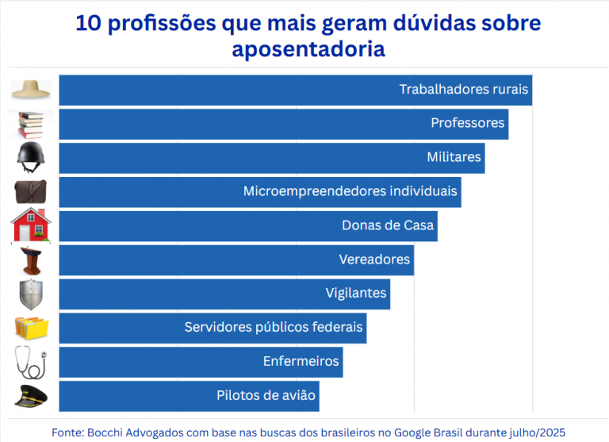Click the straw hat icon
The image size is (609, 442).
[32, 90]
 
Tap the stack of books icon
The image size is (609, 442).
[32, 124]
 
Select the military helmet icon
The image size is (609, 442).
[32, 157]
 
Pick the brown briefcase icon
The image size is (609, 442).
[32, 191]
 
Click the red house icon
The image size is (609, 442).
[32, 225]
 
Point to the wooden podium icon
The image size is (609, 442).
[32, 260]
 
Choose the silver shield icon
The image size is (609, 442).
[32, 294]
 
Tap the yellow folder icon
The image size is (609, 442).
[32, 327]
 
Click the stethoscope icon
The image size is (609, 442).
[32, 362]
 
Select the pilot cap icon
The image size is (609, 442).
[32, 395]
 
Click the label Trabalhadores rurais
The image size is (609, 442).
[463, 90]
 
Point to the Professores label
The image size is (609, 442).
[467, 124]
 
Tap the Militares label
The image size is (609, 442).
[454, 157]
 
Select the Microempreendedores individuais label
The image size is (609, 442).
[350, 191]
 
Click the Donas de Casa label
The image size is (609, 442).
[388, 225]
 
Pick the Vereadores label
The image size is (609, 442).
[374, 259]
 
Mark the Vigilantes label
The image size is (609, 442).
[356, 294]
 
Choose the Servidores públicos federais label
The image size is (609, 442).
[274, 327]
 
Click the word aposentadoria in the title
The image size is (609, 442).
[308, 49]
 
